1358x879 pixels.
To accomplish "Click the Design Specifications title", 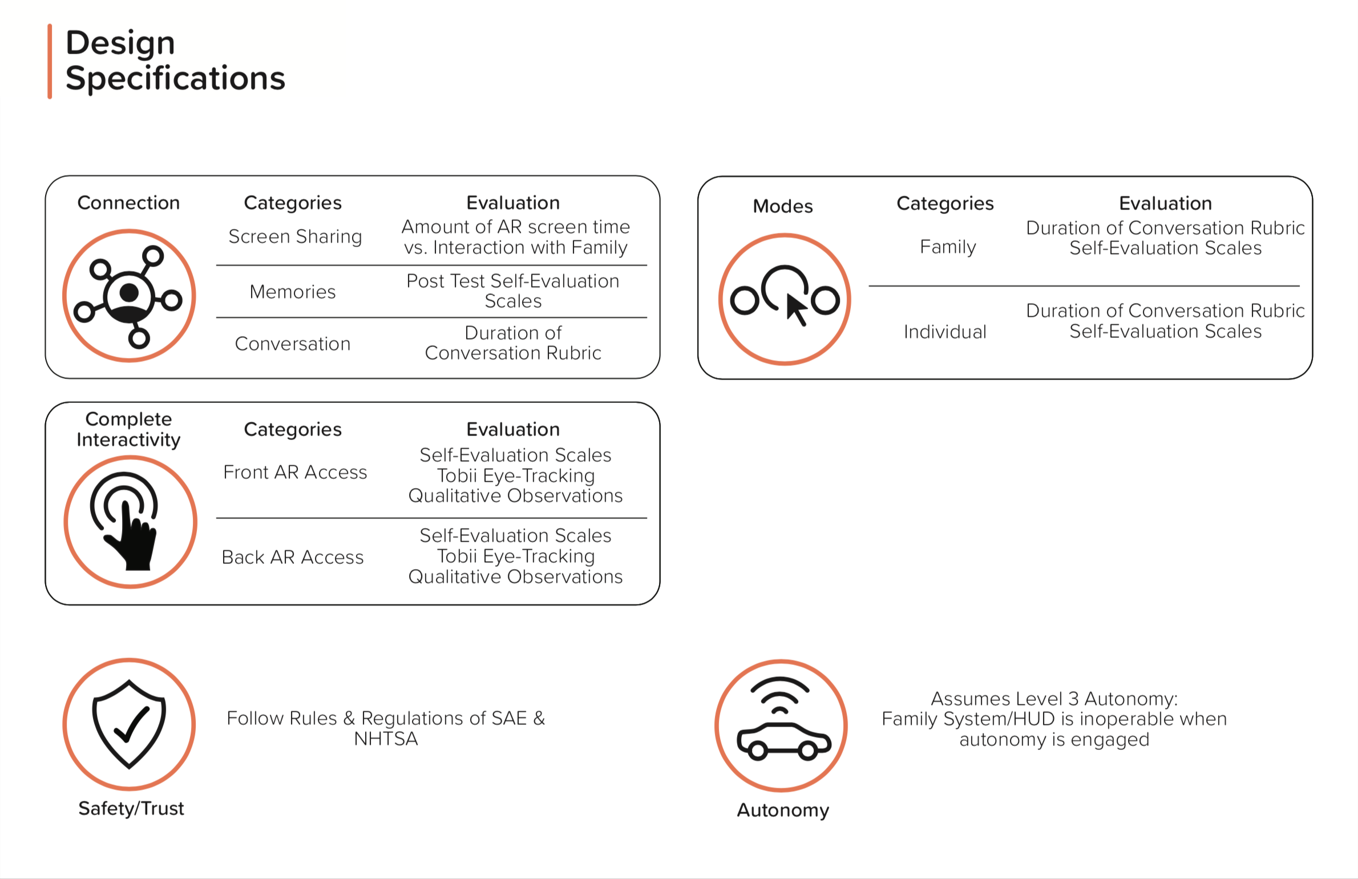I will point(175,60).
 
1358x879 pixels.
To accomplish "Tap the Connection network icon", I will point(130,296).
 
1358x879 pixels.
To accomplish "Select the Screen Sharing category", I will point(295,236).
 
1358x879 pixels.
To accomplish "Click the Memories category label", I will point(293,292).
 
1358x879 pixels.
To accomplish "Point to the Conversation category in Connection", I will point(293,344).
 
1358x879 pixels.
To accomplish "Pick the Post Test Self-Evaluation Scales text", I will point(512,291).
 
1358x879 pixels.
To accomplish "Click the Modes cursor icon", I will point(785,299).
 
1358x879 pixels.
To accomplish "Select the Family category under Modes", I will point(948,247).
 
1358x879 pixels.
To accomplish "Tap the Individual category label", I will point(945,332).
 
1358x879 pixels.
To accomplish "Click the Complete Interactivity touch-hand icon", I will point(130,522).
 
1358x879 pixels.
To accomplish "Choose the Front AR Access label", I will point(295,472).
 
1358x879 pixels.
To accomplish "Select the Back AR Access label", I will point(293,557).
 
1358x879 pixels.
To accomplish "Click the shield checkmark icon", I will point(130,724).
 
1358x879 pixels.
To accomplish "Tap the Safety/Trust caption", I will point(131,808).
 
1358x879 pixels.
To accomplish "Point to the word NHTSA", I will point(386,739).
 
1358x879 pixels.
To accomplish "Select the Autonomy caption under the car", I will point(783,810).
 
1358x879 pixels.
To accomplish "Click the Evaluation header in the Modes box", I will point(1165,203).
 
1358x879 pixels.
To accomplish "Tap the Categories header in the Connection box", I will point(293,203).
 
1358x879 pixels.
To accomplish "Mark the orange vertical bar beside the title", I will point(50,61).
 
